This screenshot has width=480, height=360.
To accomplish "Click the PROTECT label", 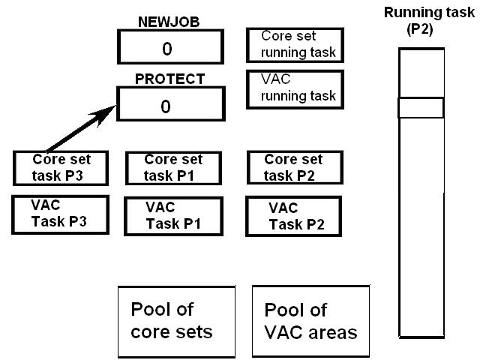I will [169, 79].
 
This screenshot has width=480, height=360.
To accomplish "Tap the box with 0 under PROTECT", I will [166, 106].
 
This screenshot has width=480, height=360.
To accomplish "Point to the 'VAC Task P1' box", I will [173, 216].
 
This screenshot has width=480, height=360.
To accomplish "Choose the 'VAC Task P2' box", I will [293, 216].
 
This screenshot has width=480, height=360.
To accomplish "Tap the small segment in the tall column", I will [421, 108].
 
